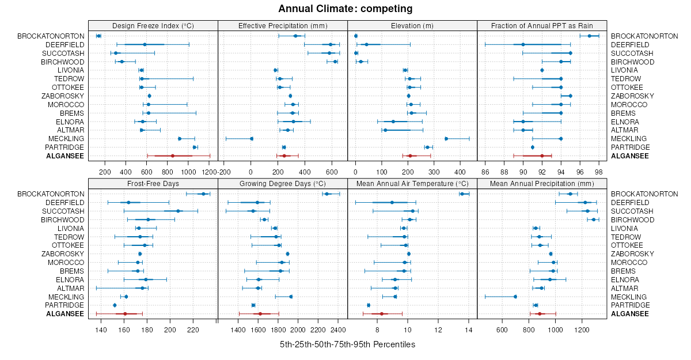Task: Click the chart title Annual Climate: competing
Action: [x=345, y=9]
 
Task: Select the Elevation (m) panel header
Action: [x=412, y=25]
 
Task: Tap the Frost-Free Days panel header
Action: [x=153, y=184]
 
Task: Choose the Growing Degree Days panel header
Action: [x=283, y=184]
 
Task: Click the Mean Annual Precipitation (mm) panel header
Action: [x=542, y=184]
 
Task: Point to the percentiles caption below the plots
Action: [x=347, y=344]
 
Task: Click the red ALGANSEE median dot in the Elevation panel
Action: [x=410, y=156]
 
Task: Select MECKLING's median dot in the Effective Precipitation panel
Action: [x=252, y=139]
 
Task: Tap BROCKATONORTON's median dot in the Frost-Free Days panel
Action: [x=203, y=194]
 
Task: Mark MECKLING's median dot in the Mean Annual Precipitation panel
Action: [x=515, y=297]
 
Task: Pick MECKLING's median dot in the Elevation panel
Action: [x=446, y=139]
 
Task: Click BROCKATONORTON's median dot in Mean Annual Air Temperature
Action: [x=462, y=194]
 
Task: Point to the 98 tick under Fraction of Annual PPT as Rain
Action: [x=599, y=172]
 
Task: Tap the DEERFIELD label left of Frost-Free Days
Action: [x=65, y=203]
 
